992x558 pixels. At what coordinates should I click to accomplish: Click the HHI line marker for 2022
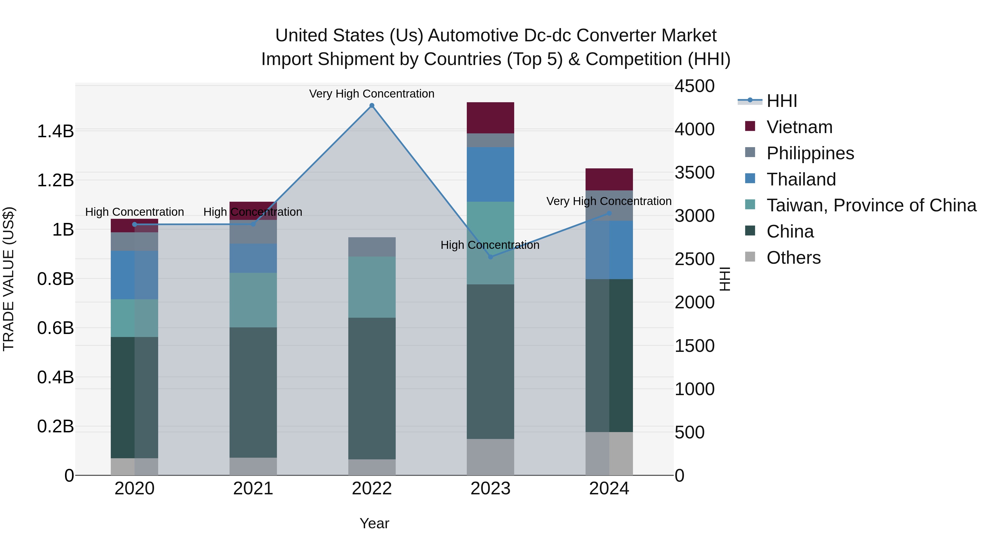pos(372,106)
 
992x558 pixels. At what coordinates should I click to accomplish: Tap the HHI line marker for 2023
pos(490,257)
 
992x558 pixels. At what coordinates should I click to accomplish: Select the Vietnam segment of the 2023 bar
pos(490,118)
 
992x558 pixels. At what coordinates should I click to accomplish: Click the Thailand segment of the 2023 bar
pos(490,174)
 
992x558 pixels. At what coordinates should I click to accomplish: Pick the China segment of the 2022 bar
pos(372,388)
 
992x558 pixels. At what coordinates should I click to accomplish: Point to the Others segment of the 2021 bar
pos(253,466)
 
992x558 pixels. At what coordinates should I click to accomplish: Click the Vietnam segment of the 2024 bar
pos(609,179)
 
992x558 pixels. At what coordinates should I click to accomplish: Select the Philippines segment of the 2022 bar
pos(372,247)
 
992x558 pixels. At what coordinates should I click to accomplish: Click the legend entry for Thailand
pos(801,179)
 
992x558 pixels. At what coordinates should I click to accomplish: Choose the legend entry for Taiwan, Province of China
pos(871,205)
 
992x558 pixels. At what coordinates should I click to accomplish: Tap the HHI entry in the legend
pos(782,101)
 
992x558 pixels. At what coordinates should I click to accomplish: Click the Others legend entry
pos(793,258)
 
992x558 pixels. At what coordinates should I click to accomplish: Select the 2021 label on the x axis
pos(253,489)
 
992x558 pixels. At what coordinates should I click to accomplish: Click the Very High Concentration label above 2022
pos(372,94)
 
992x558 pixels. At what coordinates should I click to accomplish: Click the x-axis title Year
pos(374,523)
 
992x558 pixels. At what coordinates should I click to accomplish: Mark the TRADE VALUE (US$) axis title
pos(9,279)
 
